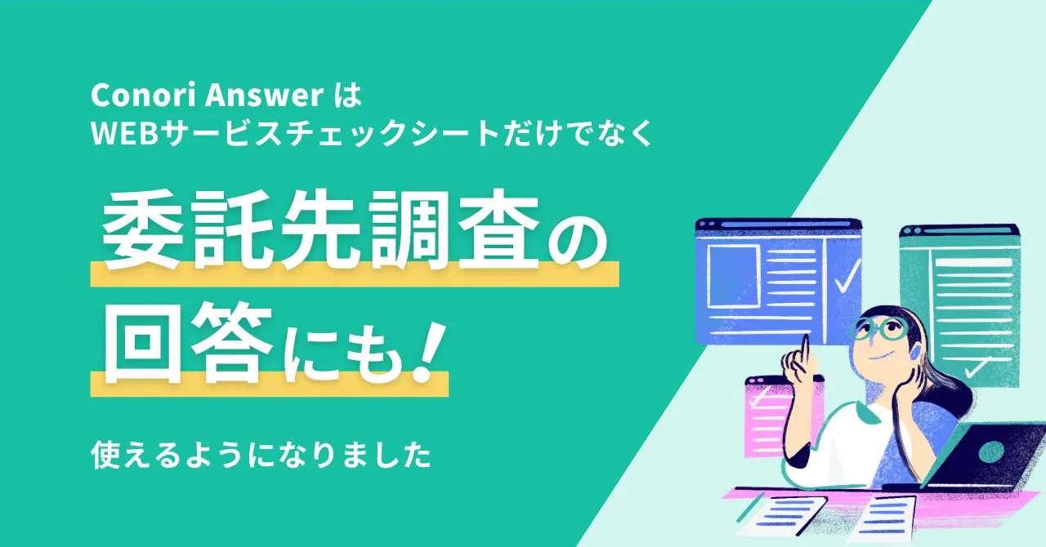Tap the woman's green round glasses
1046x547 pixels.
click(x=881, y=329)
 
